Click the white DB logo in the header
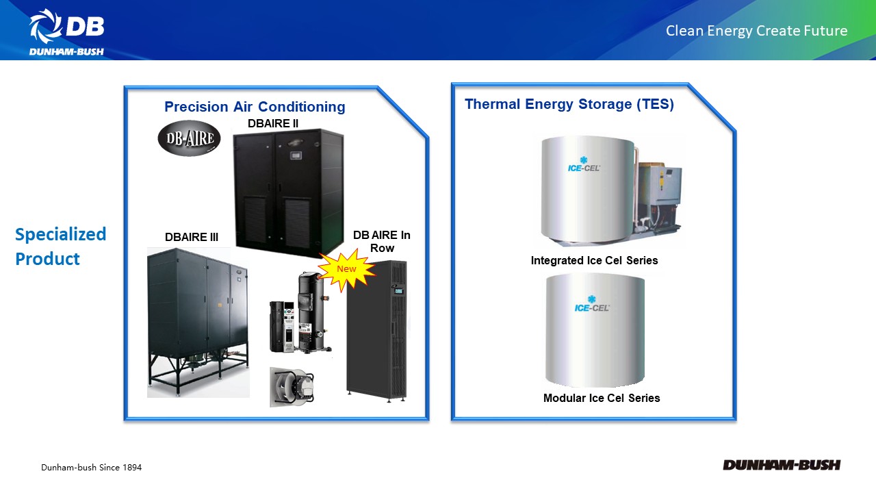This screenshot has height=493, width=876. click(67, 32)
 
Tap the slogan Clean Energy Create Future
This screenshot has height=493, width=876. click(756, 31)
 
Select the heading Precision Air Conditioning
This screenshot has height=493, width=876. click(255, 107)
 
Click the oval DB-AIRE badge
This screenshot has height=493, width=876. click(189, 138)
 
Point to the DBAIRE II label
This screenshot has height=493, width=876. click(273, 124)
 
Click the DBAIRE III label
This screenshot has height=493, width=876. click(191, 237)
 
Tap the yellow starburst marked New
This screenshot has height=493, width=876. click(346, 270)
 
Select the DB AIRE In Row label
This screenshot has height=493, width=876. click(382, 242)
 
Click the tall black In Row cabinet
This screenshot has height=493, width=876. click(377, 331)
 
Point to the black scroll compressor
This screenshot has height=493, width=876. click(313, 312)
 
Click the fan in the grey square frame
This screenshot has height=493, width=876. click(292, 387)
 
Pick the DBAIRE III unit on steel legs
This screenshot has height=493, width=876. click(198, 322)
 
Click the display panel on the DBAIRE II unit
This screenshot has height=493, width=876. click(296, 155)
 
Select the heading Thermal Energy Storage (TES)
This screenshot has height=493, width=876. click(569, 105)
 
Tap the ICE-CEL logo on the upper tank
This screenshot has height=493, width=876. click(584, 164)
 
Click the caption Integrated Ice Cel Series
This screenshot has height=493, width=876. click(594, 261)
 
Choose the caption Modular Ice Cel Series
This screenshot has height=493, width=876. click(602, 399)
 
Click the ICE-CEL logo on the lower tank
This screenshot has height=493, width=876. click(592, 304)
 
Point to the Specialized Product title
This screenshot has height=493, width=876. click(60, 246)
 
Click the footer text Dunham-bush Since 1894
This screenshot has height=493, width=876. click(91, 468)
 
